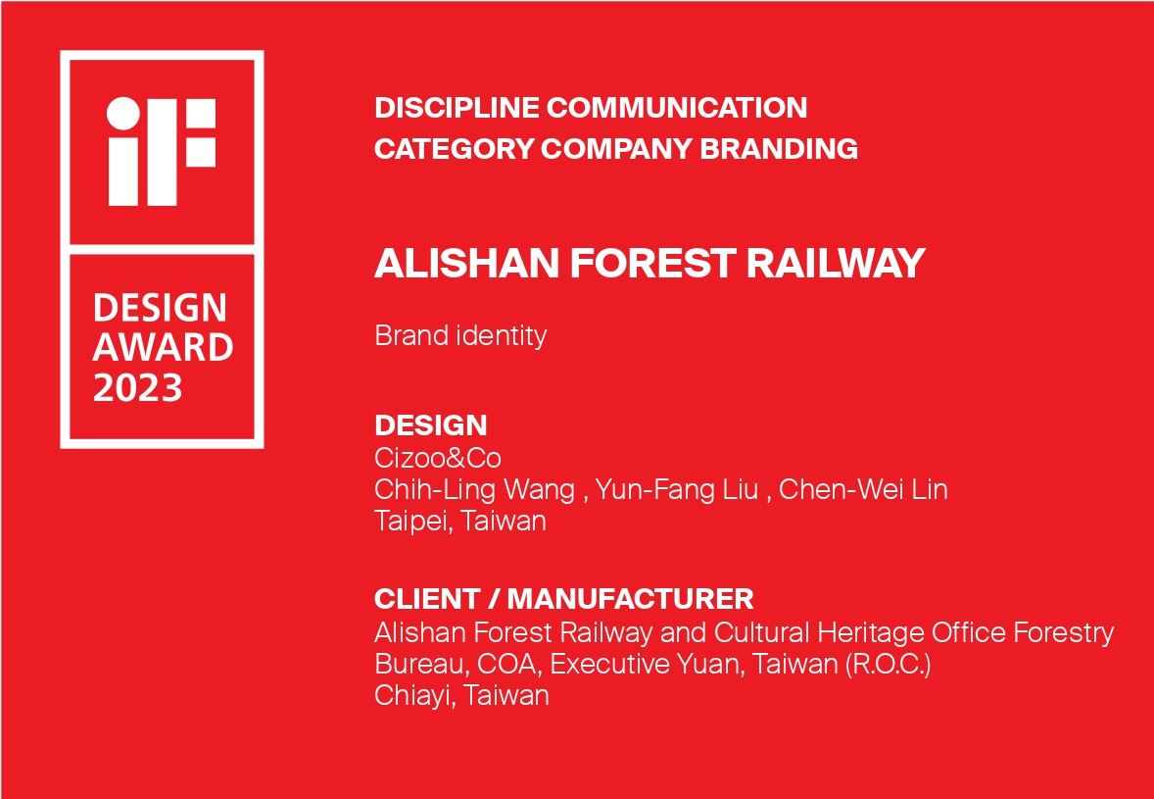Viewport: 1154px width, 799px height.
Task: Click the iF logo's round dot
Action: click(123, 114)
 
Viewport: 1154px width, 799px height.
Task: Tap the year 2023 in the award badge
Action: click(137, 387)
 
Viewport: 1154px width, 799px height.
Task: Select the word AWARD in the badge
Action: click(163, 348)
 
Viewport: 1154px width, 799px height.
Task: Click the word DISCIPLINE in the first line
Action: click(457, 108)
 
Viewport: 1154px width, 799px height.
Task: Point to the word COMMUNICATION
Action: click(676, 108)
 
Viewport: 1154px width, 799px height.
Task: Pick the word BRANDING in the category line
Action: click(779, 149)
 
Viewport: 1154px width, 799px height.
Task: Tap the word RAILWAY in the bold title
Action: click(836, 263)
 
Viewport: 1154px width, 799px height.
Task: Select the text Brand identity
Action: click(460, 336)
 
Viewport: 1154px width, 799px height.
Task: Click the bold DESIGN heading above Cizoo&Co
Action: click(430, 425)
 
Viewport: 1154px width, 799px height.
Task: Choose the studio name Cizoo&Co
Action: click(438, 458)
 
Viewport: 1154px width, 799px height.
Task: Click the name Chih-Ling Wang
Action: click(475, 490)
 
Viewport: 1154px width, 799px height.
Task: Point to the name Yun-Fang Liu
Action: click(676, 490)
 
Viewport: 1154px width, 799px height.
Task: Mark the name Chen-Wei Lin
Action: click(862, 490)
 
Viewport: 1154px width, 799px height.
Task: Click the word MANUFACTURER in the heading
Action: click(631, 599)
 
